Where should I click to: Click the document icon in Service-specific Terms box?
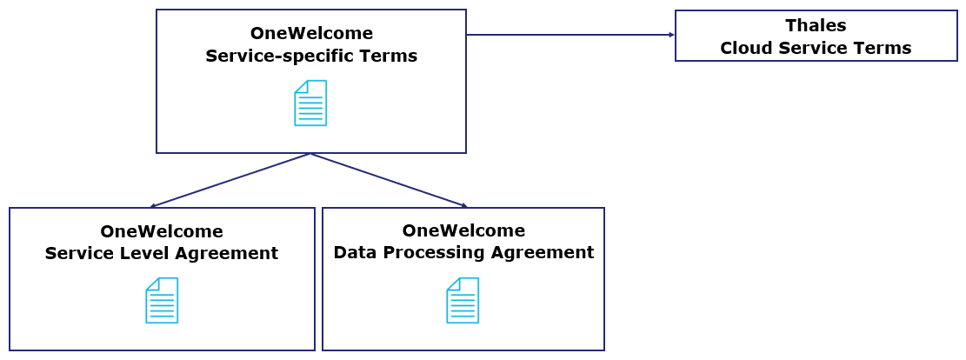click(310, 103)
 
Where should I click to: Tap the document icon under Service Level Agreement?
click(162, 300)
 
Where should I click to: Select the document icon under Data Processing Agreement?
click(463, 300)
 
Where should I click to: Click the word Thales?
click(816, 25)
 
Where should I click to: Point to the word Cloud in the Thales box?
click(745, 48)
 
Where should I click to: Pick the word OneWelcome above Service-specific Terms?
click(311, 34)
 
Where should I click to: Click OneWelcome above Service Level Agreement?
click(162, 231)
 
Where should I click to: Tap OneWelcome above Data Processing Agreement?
click(463, 230)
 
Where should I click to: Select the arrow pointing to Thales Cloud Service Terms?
click(570, 35)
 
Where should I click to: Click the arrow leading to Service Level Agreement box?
click(230, 180)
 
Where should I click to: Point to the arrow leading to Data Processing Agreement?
click(389, 180)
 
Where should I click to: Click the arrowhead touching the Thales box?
click(671, 35)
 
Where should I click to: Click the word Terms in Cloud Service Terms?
click(885, 48)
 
